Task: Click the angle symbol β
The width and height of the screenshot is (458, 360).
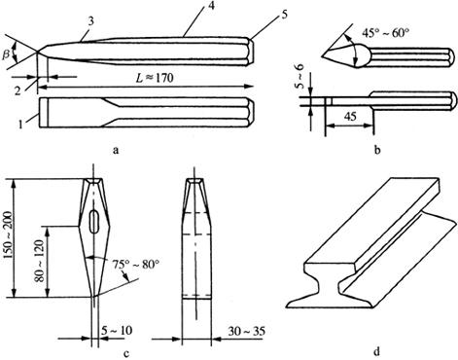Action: coord(7,54)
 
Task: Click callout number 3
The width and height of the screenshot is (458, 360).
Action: coord(91,22)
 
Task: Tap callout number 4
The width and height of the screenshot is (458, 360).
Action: coord(211,6)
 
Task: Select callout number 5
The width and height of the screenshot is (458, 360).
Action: coord(284,16)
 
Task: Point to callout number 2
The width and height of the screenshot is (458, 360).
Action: coord(18,90)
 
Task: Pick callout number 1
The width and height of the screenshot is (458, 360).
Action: coord(20,125)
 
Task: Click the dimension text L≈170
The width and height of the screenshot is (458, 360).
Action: coord(155,78)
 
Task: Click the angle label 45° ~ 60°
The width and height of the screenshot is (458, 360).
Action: coord(384,33)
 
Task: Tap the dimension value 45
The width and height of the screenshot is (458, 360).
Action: coord(349,116)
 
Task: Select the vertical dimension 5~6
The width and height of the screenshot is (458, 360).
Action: coord(302,77)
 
